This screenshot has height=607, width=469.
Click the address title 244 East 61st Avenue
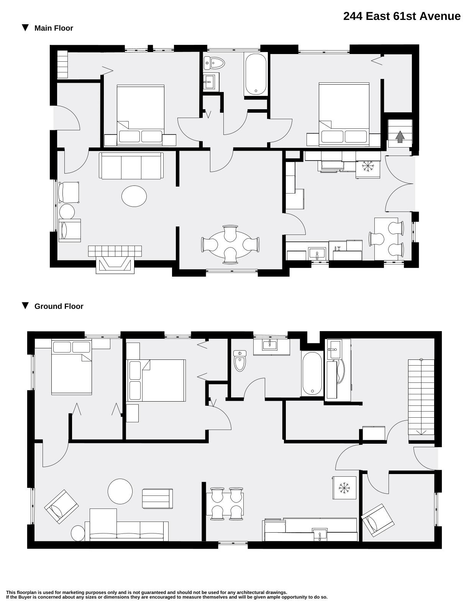(x=402, y=16)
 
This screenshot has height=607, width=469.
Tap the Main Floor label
(x=54, y=28)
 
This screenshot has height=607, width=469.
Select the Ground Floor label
(x=59, y=307)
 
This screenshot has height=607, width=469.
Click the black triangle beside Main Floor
(x=25, y=28)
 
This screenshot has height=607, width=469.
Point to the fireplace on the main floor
(x=115, y=259)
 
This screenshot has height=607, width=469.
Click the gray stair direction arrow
(x=400, y=136)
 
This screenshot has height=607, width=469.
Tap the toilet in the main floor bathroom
(x=214, y=63)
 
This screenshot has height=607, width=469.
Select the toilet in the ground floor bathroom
(x=240, y=361)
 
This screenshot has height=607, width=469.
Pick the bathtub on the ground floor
(x=312, y=374)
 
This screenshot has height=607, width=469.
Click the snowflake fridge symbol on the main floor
(x=368, y=166)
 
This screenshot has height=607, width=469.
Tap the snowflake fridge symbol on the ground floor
(x=344, y=488)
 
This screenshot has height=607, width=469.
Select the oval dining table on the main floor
(x=230, y=245)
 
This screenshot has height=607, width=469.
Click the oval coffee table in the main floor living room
(x=134, y=196)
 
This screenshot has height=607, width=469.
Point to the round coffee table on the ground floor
(x=120, y=491)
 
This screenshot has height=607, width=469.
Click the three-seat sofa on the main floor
(x=131, y=166)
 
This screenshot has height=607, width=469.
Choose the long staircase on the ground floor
(x=421, y=397)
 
